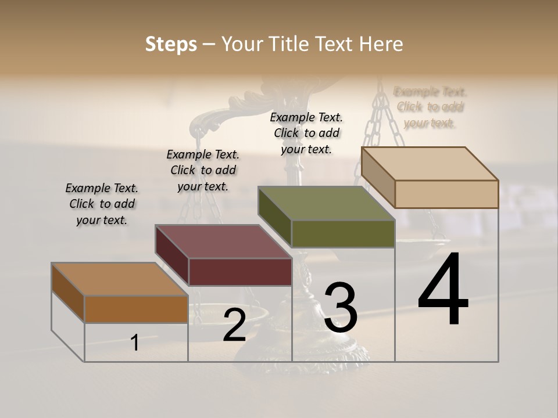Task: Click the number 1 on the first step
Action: pyautogui.click(x=135, y=343)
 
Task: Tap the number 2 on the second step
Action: pyautogui.click(x=234, y=325)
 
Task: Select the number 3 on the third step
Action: pyautogui.click(x=341, y=308)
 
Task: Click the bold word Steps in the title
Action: pyautogui.click(x=171, y=44)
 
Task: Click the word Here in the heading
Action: pyautogui.click(x=382, y=44)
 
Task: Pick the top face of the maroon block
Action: pyautogui.click(x=223, y=242)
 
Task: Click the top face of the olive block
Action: pyautogui.click(x=326, y=203)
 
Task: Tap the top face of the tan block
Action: pyautogui.click(x=430, y=164)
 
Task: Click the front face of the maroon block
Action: pyautogui.click(x=240, y=272)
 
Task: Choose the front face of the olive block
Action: pyautogui.click(x=343, y=234)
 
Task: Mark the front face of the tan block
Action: pyautogui.click(x=446, y=194)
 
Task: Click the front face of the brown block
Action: pyautogui.click(x=136, y=309)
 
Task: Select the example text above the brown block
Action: pyautogui.click(x=102, y=204)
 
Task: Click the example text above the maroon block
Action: pyautogui.click(x=203, y=170)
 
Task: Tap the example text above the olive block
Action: pyautogui.click(x=306, y=133)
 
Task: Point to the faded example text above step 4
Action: pyautogui.click(x=430, y=107)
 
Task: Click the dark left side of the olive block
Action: pyautogui.click(x=274, y=216)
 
